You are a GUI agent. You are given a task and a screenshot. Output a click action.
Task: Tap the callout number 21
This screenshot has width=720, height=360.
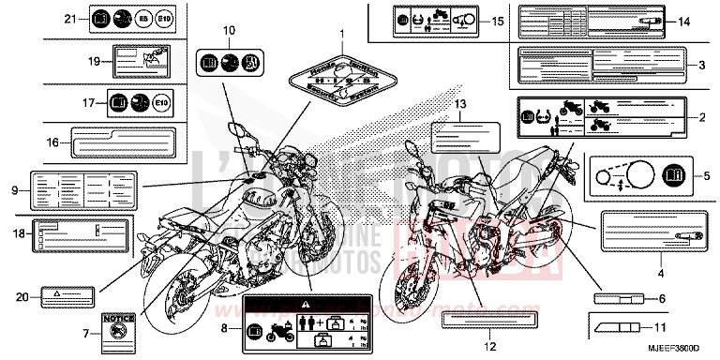point(69,19)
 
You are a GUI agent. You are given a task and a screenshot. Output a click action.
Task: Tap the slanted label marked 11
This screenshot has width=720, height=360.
point(617,327)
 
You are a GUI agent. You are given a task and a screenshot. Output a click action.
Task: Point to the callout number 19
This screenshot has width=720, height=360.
point(94,61)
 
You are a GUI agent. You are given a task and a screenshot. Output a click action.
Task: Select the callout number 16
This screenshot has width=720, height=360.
point(53,143)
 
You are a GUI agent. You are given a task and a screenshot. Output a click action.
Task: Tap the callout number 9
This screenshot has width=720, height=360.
point(16,190)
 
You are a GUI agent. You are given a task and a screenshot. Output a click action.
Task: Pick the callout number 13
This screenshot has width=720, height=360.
point(459,103)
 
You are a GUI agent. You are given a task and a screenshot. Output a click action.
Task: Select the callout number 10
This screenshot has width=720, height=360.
point(228,31)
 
